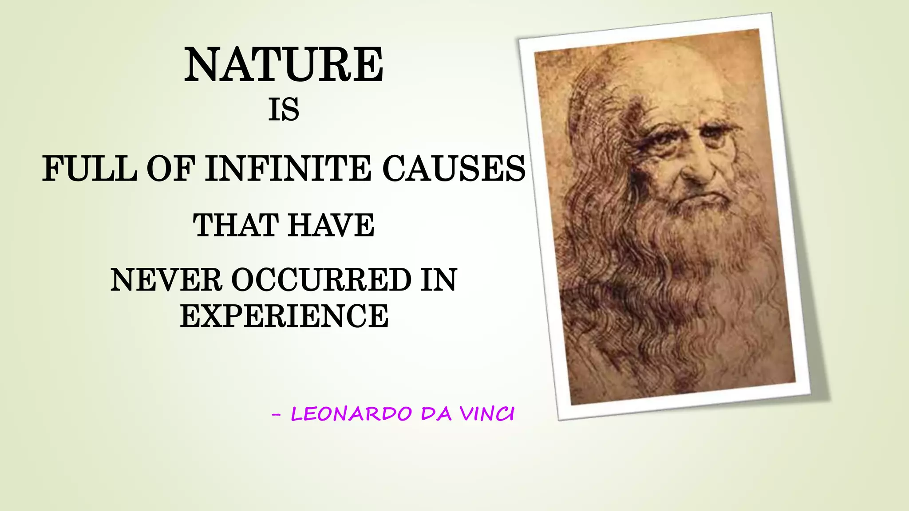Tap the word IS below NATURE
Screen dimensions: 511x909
284,110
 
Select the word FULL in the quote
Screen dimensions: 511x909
89,169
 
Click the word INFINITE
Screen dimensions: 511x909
288,169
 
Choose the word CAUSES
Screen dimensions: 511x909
454,169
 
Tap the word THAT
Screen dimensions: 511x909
236,225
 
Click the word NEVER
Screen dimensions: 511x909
166,280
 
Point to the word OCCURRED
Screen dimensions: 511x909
321,280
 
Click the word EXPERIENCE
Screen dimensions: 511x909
284,316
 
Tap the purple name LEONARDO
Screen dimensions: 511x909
351,414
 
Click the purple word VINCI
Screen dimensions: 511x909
487,414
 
